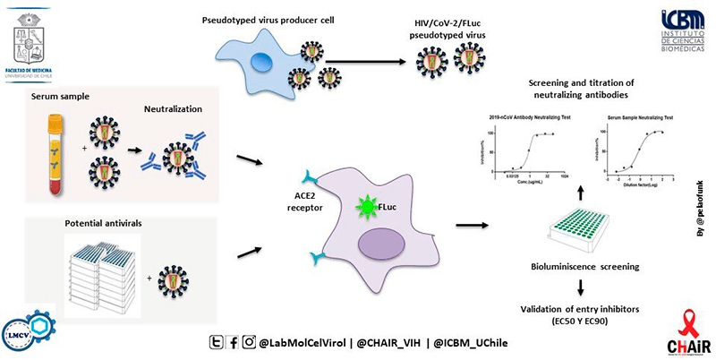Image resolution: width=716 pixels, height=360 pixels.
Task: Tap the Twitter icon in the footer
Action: (x=216, y=340)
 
